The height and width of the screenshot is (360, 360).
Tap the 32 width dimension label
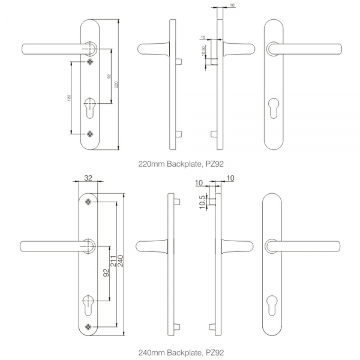coord(88,178)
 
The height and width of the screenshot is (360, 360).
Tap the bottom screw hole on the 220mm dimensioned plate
coord(91,133)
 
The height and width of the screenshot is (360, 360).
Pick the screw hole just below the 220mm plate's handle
coord(91,61)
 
